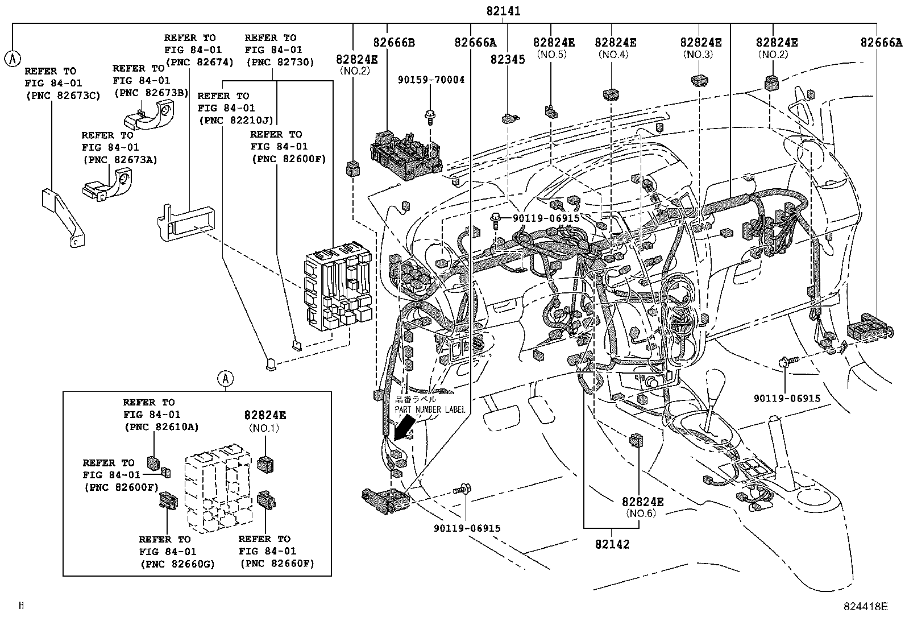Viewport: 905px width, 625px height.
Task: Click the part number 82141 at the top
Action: click(503, 11)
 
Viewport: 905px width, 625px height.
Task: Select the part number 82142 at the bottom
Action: click(612, 544)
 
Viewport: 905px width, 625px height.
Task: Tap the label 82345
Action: click(508, 59)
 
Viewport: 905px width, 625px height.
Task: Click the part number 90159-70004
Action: click(431, 80)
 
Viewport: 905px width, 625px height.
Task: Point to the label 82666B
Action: click(394, 43)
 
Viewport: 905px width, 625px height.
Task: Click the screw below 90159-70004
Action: click(430, 117)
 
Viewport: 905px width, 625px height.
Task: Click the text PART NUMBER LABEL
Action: click(430, 409)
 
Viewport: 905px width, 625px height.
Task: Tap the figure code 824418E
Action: click(865, 606)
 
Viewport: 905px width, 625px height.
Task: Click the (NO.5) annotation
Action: click(552, 54)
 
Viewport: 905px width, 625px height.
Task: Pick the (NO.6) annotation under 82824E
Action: click(641, 514)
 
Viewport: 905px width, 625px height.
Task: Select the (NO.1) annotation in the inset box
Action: click(264, 428)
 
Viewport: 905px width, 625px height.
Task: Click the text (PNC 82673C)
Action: click(63, 96)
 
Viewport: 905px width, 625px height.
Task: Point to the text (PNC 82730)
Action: click(280, 62)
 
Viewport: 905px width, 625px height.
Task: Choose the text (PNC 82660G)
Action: click(177, 564)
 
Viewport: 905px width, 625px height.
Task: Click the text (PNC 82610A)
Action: click(161, 427)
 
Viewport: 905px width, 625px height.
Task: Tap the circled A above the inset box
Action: click(226, 379)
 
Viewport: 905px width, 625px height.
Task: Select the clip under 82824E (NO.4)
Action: click(611, 95)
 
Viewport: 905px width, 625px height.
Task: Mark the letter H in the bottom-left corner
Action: click(22, 605)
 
